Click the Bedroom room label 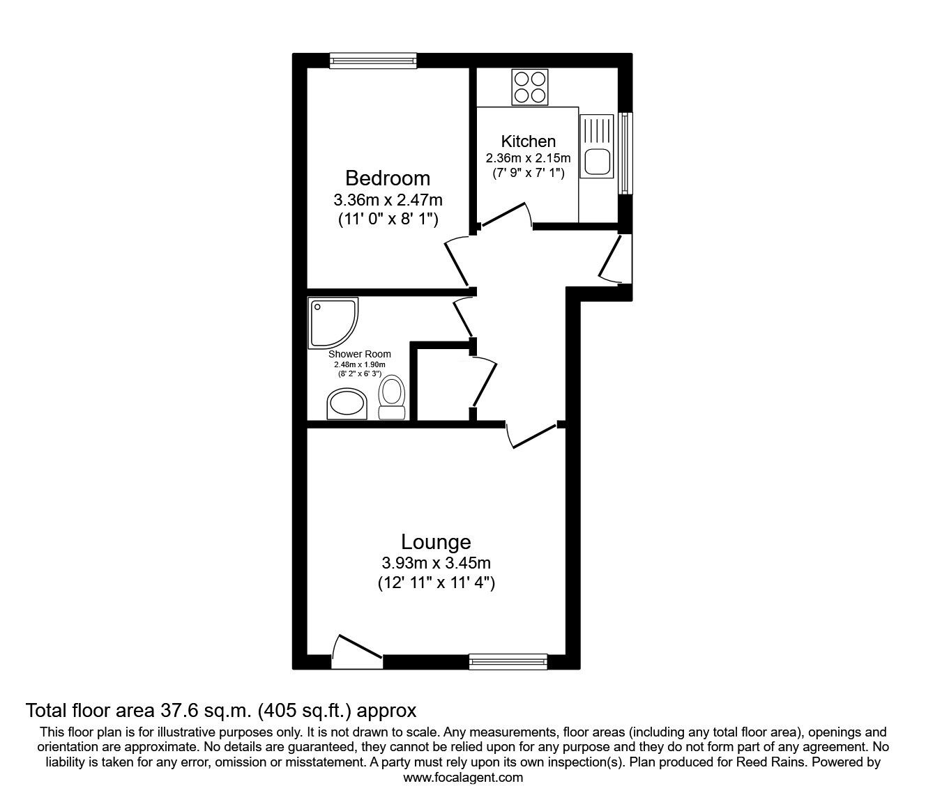[x=388, y=178]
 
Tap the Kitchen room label [x=529, y=141]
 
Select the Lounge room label [x=436, y=541]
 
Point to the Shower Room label [x=360, y=354]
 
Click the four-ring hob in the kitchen [x=529, y=87]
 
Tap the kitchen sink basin [x=598, y=162]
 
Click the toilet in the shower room [x=391, y=398]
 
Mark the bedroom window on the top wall [x=374, y=61]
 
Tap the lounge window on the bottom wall [x=508, y=661]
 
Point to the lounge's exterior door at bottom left [x=356, y=649]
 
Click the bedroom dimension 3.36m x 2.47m [x=388, y=200]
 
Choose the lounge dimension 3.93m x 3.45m [x=436, y=563]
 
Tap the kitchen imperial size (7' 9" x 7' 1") [x=529, y=172]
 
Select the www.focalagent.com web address [x=463, y=778]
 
